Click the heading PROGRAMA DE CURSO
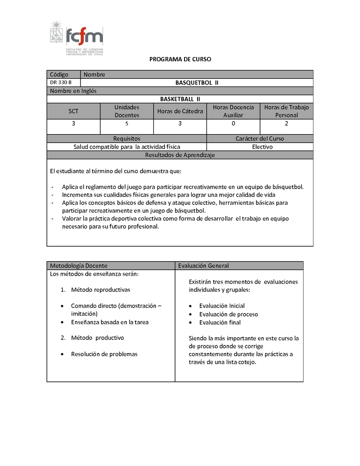click(180, 59)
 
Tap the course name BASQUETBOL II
click(197, 82)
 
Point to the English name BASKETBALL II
click(180, 99)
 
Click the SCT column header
click(73, 111)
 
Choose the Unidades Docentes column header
click(127, 111)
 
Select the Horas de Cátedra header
click(180, 111)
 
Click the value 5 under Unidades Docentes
click(127, 124)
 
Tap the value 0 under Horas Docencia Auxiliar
click(233, 123)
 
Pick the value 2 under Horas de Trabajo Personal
click(287, 123)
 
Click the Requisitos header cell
click(127, 139)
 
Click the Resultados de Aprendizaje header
click(180, 155)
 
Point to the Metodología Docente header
click(79, 266)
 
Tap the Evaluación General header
click(203, 266)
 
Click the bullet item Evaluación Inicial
click(222, 306)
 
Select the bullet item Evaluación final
click(220, 322)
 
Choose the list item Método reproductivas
click(100, 290)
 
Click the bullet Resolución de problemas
click(104, 354)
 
